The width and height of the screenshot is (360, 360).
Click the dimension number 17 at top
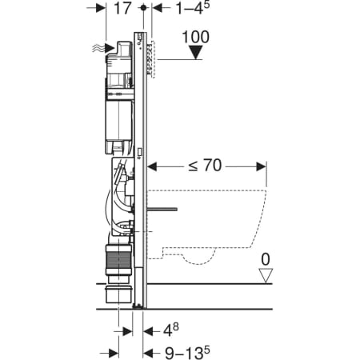(122, 8)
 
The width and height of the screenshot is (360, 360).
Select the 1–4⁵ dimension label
(193, 8)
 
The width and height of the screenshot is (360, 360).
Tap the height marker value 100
(196, 37)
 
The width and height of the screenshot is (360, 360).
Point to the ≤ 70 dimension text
(205, 166)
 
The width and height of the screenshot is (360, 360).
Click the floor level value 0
(266, 259)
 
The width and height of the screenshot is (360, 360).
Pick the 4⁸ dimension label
(170, 330)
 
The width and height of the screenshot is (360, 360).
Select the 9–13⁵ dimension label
(187, 353)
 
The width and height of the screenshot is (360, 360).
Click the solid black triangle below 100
(196, 52)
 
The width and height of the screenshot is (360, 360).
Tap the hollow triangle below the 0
(266, 275)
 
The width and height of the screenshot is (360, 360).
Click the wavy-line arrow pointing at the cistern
(103, 48)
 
